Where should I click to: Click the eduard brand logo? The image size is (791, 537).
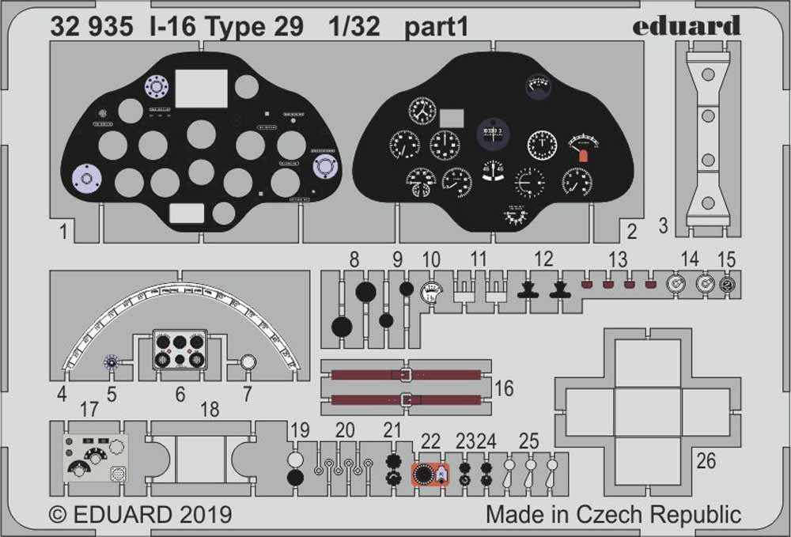tap(686, 26)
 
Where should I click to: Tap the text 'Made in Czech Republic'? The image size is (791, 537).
tap(613, 514)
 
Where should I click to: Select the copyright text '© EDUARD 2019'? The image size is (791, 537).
tap(140, 515)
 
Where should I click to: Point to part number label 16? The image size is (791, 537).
tap(504, 388)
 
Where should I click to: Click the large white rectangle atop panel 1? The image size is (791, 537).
tap(201, 88)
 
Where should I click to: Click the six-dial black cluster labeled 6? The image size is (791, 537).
tap(180, 350)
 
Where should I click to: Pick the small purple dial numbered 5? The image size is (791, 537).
tap(112, 362)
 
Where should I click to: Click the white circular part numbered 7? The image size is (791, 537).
tap(248, 362)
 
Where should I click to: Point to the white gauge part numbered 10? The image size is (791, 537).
tap(430, 293)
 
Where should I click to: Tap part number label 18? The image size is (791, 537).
tap(209, 410)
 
